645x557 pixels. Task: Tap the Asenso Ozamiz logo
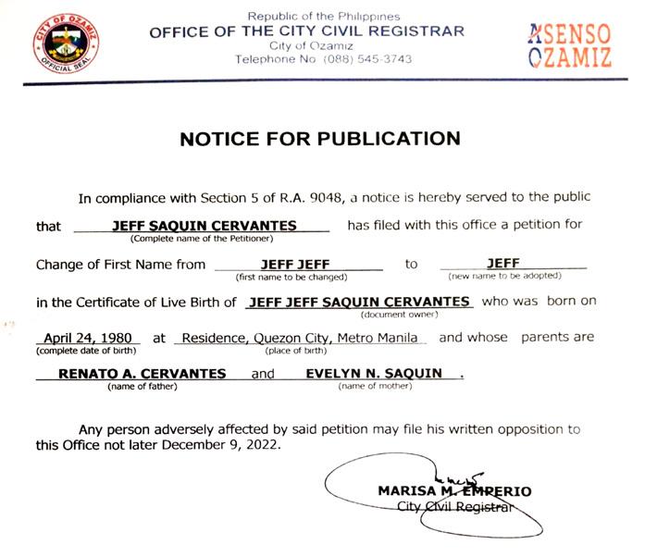tap(569, 45)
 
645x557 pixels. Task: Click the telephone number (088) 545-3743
tap(367, 59)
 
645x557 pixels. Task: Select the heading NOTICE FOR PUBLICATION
tap(319, 139)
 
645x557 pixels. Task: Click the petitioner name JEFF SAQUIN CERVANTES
tap(204, 225)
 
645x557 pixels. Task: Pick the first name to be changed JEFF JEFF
tap(291, 264)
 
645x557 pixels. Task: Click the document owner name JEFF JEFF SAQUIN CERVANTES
tap(362, 301)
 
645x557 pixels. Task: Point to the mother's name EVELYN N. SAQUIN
tap(374, 374)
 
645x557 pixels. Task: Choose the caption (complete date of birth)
tap(87, 351)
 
